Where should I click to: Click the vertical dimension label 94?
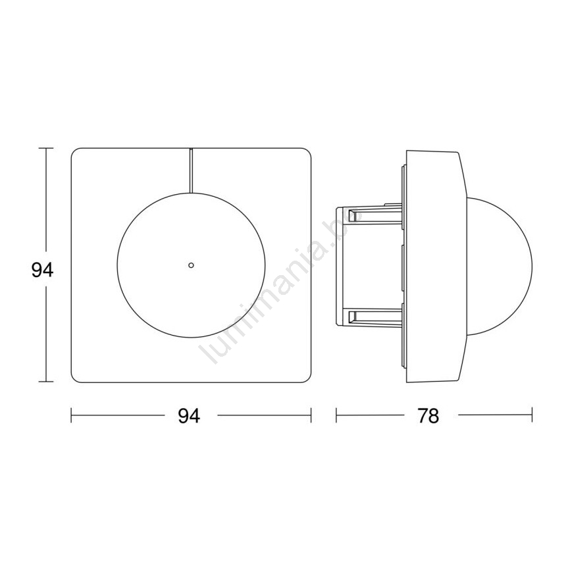tap(42, 270)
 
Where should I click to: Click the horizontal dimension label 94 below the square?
tap(189, 416)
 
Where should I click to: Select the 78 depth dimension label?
tap(428, 416)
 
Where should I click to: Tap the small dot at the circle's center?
tap(192, 265)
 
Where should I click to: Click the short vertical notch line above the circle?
tap(191, 170)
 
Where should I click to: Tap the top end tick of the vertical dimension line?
tap(45, 148)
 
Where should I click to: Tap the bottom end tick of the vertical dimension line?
tap(45, 381)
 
